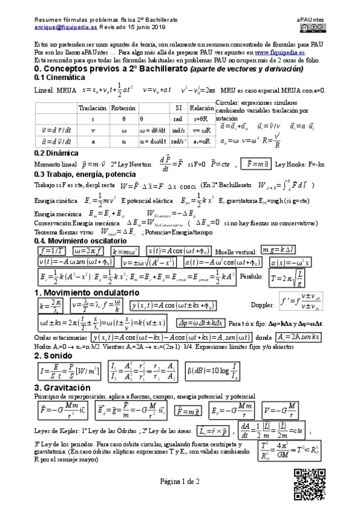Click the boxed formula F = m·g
click(188, 411)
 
